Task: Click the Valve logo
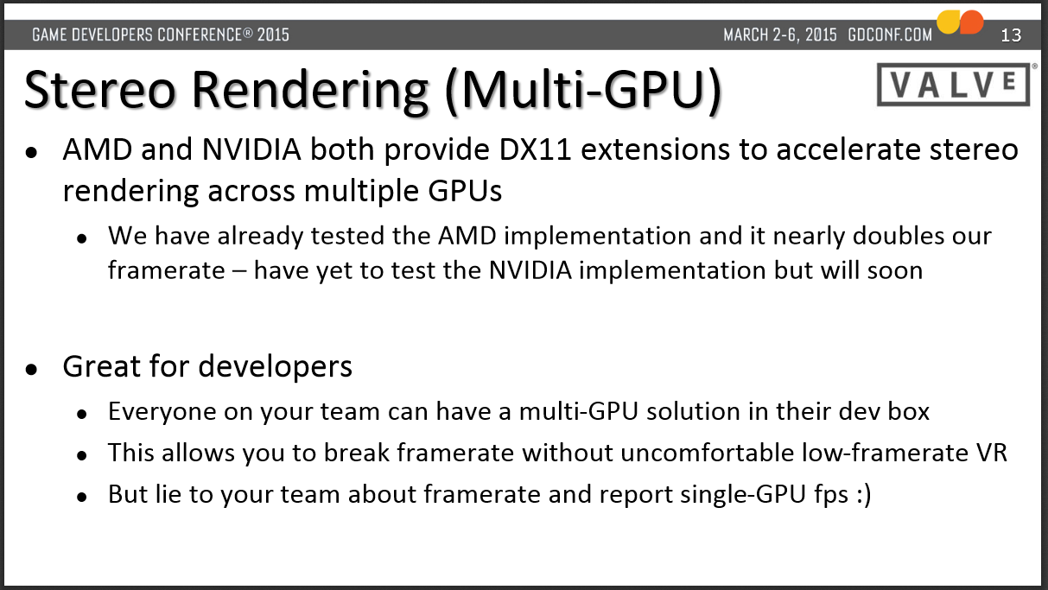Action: click(954, 84)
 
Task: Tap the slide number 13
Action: click(1011, 35)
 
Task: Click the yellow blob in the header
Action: click(949, 22)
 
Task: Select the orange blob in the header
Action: click(971, 22)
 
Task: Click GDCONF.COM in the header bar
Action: click(890, 35)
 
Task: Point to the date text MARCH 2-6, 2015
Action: click(780, 35)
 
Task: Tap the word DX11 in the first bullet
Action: click(535, 149)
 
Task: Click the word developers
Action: click(275, 366)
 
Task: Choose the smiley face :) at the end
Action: click(864, 495)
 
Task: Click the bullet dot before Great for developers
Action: click(31, 370)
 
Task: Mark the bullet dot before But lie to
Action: click(82, 497)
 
